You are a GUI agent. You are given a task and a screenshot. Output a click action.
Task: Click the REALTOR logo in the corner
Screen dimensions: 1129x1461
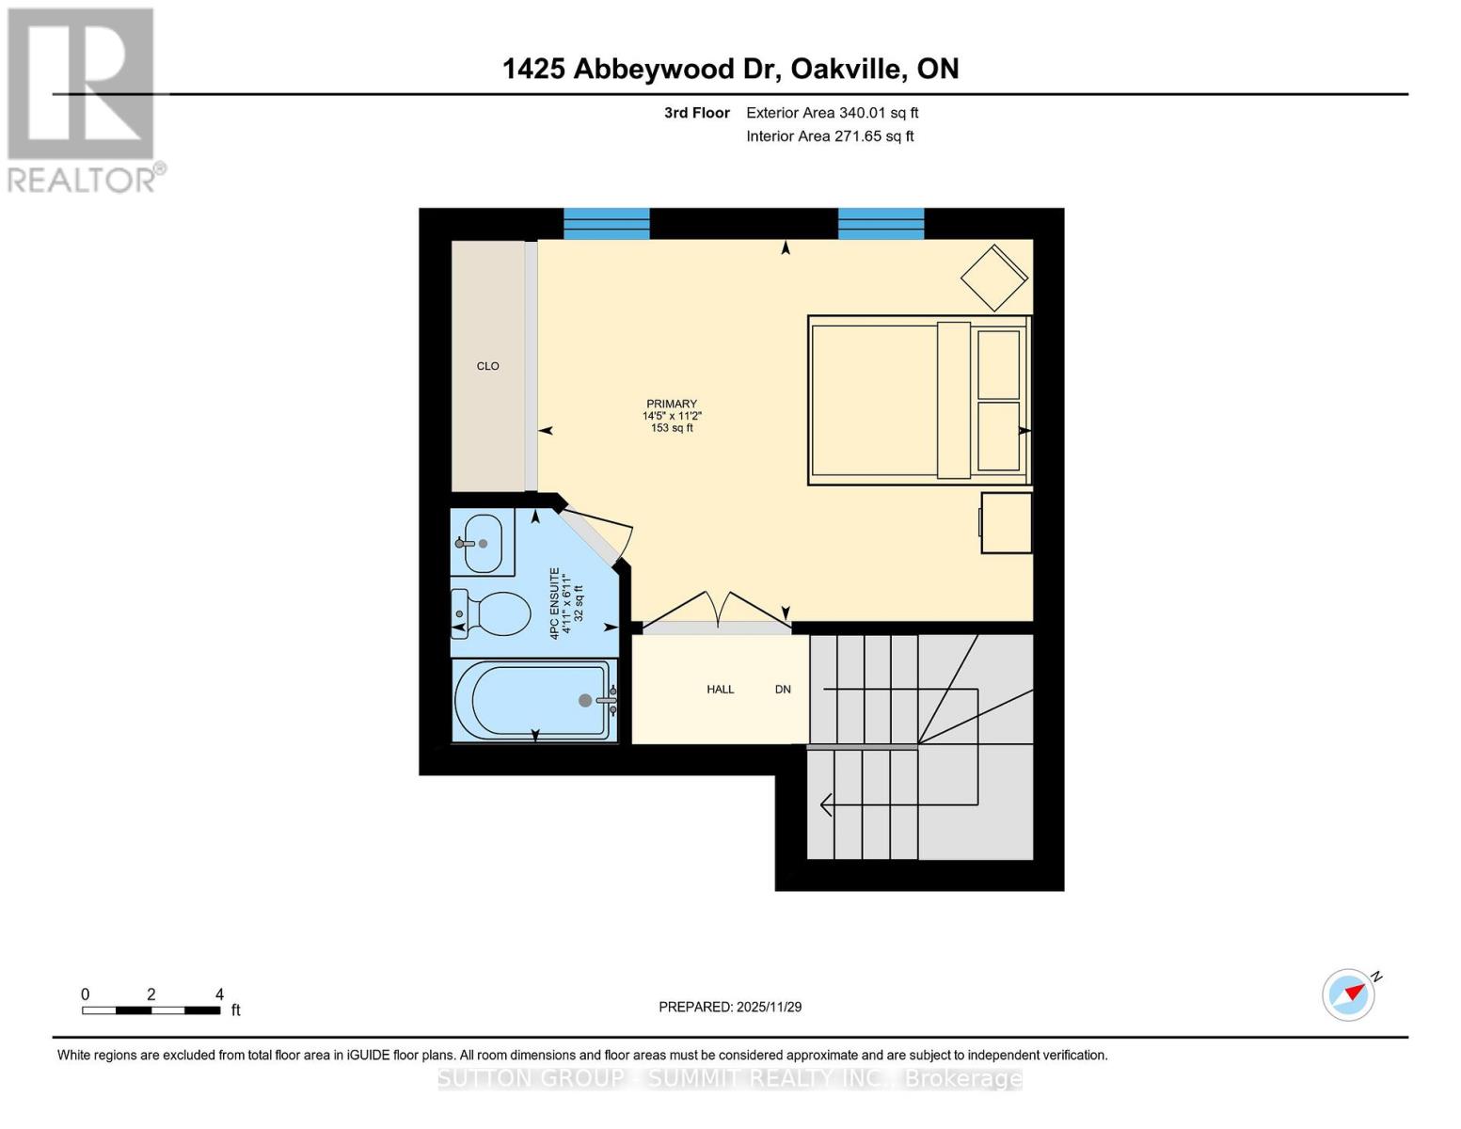(x=83, y=100)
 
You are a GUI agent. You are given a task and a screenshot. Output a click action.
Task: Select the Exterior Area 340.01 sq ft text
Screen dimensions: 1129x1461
(x=832, y=113)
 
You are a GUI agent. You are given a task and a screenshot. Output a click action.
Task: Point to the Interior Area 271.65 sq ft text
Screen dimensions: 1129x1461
(x=830, y=136)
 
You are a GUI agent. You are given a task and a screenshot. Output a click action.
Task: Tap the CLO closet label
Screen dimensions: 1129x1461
(x=487, y=366)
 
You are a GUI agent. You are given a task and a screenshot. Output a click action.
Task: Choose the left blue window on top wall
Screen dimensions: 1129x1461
(x=606, y=224)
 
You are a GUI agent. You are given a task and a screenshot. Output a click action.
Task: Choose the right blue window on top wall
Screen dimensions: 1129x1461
(x=881, y=224)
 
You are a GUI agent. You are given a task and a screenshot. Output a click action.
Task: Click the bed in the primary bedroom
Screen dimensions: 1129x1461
(x=917, y=400)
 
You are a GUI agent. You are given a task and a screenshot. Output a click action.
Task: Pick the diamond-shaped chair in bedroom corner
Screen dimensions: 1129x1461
(x=993, y=278)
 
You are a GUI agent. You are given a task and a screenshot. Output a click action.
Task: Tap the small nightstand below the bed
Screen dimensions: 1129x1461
(x=1006, y=522)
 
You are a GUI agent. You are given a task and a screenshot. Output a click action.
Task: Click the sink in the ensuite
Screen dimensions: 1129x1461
(x=483, y=543)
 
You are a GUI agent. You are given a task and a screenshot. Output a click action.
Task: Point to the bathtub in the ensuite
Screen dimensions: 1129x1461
(x=534, y=700)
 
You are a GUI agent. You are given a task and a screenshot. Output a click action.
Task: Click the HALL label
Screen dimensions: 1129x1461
(x=720, y=690)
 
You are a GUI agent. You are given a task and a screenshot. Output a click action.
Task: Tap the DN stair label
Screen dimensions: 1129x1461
(x=783, y=690)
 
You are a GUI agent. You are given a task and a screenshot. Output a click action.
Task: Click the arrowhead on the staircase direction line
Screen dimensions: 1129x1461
(x=826, y=805)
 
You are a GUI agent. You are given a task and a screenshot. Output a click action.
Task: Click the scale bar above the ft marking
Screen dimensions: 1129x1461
(x=151, y=1010)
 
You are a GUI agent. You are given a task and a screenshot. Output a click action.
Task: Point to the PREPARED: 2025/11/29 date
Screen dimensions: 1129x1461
(x=730, y=1007)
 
